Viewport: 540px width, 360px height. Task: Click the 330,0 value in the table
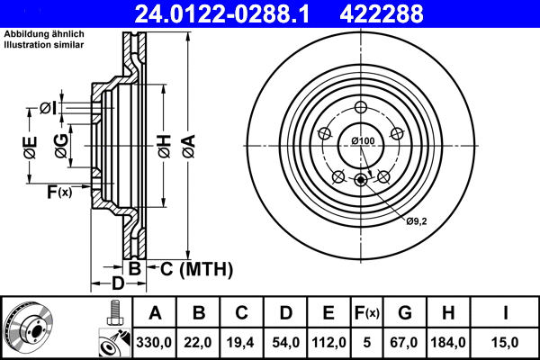pyautogui.click(x=155, y=341)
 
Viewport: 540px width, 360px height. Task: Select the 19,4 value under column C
pyautogui.click(x=242, y=341)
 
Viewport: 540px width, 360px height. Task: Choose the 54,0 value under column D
pyautogui.click(x=285, y=341)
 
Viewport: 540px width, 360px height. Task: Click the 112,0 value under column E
pyautogui.click(x=328, y=341)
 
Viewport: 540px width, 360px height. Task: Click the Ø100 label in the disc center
pyautogui.click(x=363, y=141)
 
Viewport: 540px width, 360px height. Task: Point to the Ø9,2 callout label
pyautogui.click(x=416, y=220)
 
